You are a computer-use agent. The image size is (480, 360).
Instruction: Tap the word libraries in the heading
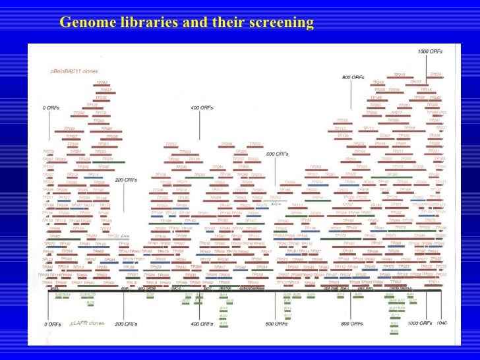tap(148, 23)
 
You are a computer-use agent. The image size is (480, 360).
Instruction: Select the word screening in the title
tap(282, 23)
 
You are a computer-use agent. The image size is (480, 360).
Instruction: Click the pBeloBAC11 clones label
tap(70, 69)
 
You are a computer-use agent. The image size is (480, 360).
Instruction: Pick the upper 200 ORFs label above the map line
tap(127, 179)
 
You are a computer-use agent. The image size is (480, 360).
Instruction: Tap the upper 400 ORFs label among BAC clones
tap(202, 107)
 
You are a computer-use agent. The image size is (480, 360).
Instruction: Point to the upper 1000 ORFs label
tap(431, 51)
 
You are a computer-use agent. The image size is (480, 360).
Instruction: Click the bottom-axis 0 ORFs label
tap(52, 324)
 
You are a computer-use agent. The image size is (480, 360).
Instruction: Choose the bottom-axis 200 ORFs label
tap(128, 324)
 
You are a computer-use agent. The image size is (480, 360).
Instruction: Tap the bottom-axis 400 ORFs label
tap(202, 324)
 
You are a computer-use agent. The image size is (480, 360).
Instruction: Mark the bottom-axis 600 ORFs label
tap(277, 324)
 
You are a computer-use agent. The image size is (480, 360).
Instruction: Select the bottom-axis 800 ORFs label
tap(353, 324)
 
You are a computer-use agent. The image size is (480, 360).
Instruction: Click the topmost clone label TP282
tap(102, 82)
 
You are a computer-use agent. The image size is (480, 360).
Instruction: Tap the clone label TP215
tap(400, 75)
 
